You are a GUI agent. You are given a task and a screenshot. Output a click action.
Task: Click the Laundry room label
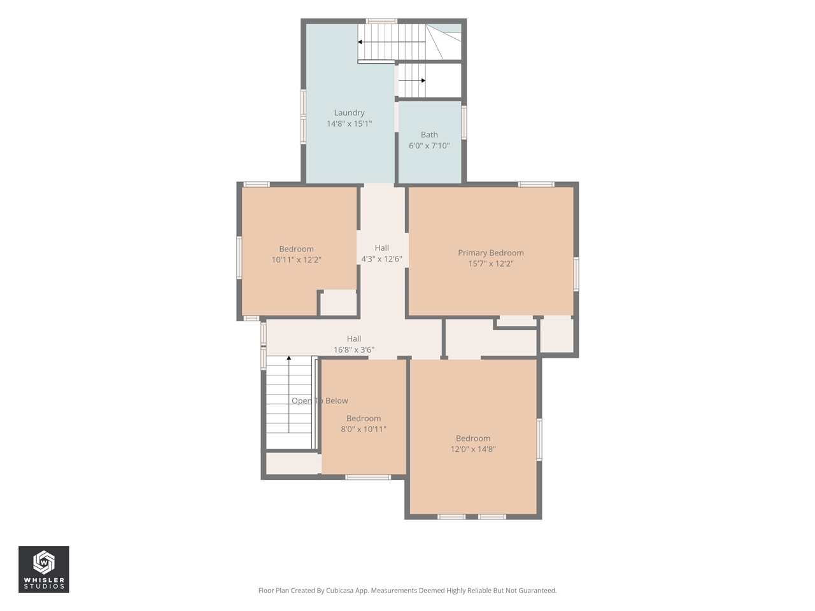click(x=349, y=113)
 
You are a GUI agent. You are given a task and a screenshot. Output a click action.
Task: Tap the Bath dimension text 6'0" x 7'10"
click(x=429, y=145)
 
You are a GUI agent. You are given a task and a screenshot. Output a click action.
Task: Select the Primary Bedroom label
click(x=490, y=253)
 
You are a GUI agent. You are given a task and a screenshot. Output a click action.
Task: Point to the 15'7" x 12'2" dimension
click(x=490, y=263)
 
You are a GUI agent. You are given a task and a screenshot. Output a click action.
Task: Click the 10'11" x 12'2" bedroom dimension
click(x=296, y=260)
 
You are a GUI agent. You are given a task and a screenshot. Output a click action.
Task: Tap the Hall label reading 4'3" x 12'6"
click(x=381, y=258)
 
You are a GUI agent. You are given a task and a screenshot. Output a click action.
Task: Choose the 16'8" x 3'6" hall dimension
click(x=354, y=349)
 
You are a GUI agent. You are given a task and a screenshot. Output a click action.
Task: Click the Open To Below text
click(x=320, y=401)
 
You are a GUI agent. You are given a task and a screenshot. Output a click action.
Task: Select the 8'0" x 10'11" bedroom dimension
click(x=364, y=429)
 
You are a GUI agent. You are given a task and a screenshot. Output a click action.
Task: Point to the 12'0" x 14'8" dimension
click(x=473, y=449)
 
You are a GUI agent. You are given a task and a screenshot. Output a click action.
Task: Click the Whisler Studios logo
click(x=44, y=570)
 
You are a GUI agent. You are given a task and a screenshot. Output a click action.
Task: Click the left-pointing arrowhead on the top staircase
click(x=360, y=42)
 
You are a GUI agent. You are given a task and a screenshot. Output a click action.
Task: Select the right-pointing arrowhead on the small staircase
click(x=423, y=80)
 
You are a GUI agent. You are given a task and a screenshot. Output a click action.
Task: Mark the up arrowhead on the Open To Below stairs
click(x=289, y=358)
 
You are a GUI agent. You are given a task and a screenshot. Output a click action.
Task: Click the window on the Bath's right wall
click(x=464, y=122)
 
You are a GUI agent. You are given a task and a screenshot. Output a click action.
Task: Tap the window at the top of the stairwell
click(x=381, y=21)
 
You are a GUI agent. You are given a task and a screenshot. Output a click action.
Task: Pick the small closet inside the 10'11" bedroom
click(x=339, y=304)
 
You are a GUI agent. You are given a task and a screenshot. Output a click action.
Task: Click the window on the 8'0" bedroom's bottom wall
click(x=367, y=477)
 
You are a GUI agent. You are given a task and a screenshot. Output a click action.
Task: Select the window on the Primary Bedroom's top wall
click(x=536, y=185)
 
